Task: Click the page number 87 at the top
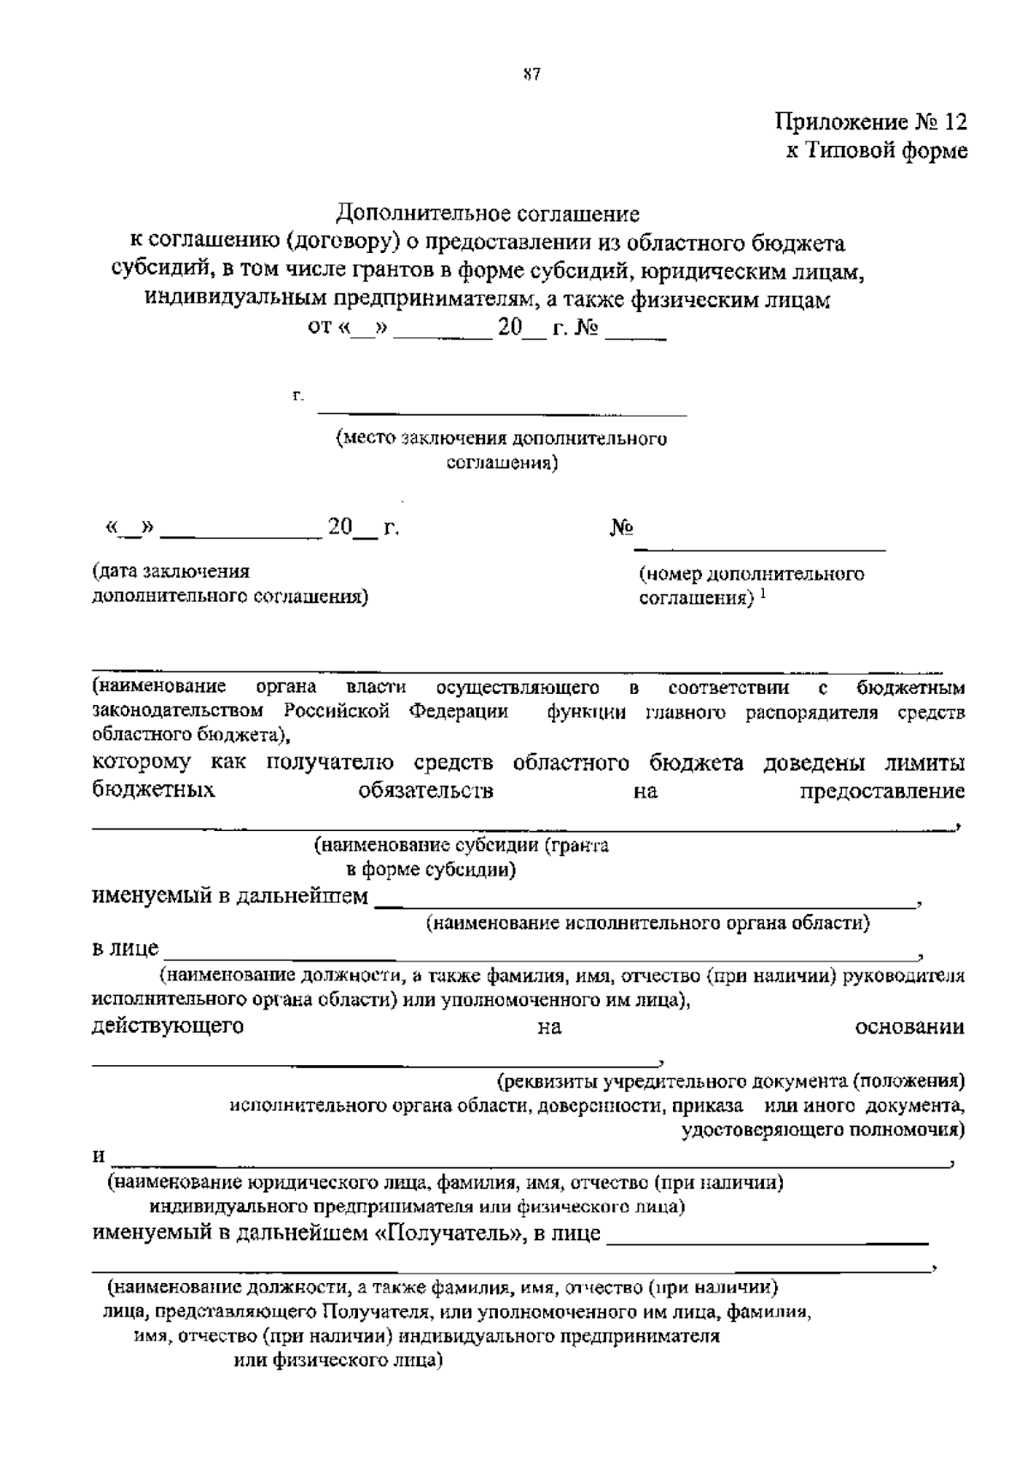point(530,74)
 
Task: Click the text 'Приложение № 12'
point(871,121)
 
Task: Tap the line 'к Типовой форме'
point(877,151)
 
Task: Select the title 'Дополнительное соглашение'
point(488,212)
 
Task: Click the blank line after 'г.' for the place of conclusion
point(502,413)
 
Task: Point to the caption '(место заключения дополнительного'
point(501,438)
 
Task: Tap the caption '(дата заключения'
point(171,571)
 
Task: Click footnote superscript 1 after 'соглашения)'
point(762,592)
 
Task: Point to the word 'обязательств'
point(426,791)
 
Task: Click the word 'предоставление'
point(882,791)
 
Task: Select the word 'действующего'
point(167,1026)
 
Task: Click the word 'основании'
point(910,1027)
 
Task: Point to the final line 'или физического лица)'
point(338,1360)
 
